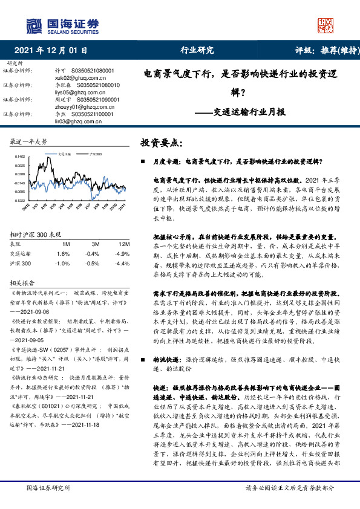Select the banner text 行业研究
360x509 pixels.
click(197, 51)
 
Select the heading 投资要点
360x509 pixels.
click(160, 143)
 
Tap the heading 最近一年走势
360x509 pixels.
click(28, 140)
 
